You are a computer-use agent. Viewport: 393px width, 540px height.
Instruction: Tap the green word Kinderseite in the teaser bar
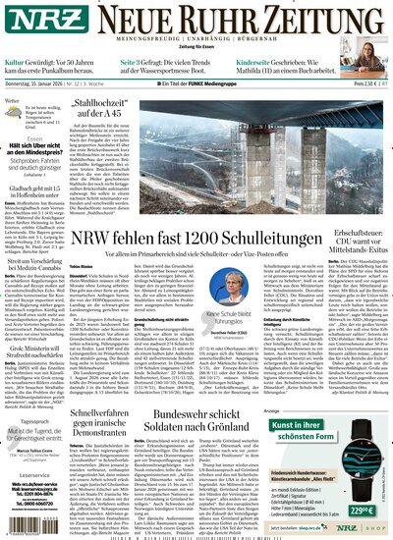point(261,62)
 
